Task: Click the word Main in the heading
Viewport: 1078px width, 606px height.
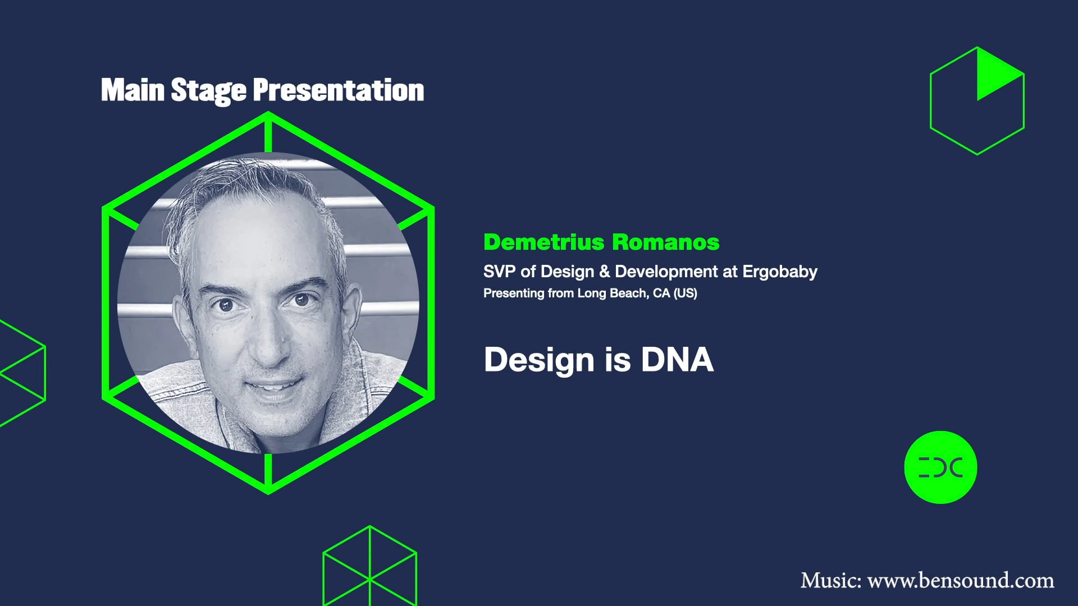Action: click(x=133, y=90)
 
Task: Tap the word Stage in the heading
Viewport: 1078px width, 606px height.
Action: click(x=208, y=90)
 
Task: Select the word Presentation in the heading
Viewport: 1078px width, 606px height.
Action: click(x=338, y=90)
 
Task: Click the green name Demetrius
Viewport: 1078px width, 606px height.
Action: click(x=543, y=242)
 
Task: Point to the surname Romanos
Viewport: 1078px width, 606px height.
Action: click(x=665, y=242)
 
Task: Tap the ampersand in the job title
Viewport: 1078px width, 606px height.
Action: click(x=604, y=272)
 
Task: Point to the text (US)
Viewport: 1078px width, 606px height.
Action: click(x=685, y=293)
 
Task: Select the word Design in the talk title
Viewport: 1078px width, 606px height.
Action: click(x=538, y=360)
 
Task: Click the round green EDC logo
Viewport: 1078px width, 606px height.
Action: click(x=940, y=467)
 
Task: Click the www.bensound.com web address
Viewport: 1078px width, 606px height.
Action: click(x=961, y=580)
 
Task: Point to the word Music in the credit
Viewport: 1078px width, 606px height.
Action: click(x=830, y=580)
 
